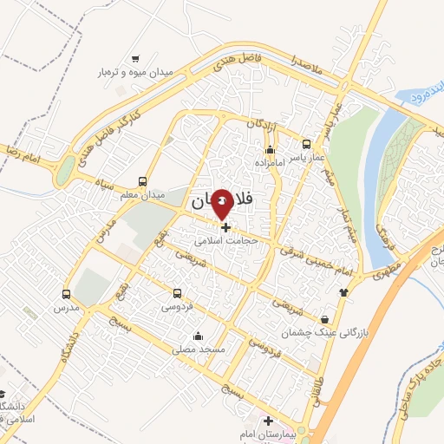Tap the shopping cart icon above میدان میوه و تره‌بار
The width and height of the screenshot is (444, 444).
click(x=135, y=59)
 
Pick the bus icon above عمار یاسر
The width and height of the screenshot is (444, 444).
click(x=304, y=145)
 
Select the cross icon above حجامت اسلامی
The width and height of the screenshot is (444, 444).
click(x=227, y=227)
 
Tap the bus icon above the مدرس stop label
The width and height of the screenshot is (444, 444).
click(x=67, y=293)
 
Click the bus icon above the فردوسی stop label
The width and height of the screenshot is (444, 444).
click(x=177, y=293)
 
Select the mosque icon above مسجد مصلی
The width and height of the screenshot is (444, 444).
click(x=199, y=336)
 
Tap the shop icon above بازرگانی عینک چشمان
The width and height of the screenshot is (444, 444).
click(x=325, y=319)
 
